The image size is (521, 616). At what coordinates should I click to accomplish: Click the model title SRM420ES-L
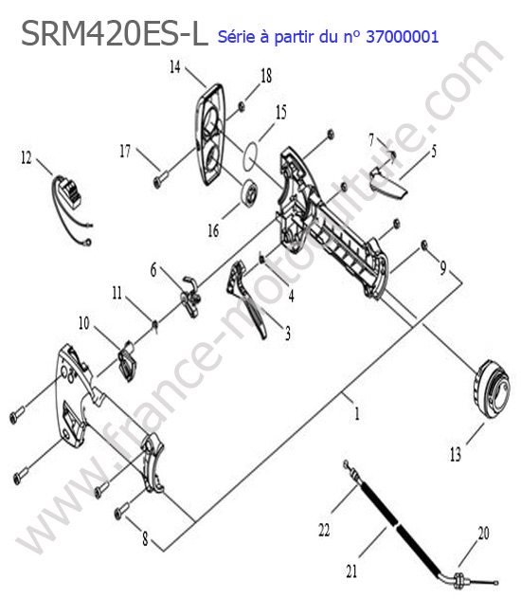tap(115, 34)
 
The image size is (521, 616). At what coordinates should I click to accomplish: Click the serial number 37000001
tap(402, 37)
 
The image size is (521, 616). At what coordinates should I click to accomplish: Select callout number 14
tap(174, 66)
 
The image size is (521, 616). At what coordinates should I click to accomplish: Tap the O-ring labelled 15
tap(250, 156)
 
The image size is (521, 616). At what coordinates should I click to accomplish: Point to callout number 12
tap(26, 157)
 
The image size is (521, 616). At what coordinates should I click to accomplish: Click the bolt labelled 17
tap(160, 177)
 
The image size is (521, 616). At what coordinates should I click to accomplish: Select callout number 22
tap(324, 530)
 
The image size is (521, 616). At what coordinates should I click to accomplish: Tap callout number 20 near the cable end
tap(484, 534)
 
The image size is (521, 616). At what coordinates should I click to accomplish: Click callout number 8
tap(145, 538)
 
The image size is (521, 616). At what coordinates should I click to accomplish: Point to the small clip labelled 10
tap(127, 360)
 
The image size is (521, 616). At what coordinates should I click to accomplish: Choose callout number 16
tap(213, 230)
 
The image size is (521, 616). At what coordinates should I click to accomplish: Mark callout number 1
tap(357, 413)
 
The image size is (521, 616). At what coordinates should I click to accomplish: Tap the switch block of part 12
tap(71, 193)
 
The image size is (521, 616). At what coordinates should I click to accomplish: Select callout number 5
tap(434, 151)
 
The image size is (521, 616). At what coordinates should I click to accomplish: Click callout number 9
tap(443, 267)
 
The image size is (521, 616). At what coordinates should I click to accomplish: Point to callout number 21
tap(351, 571)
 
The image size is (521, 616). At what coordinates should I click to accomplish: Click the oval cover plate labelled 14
tap(211, 135)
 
